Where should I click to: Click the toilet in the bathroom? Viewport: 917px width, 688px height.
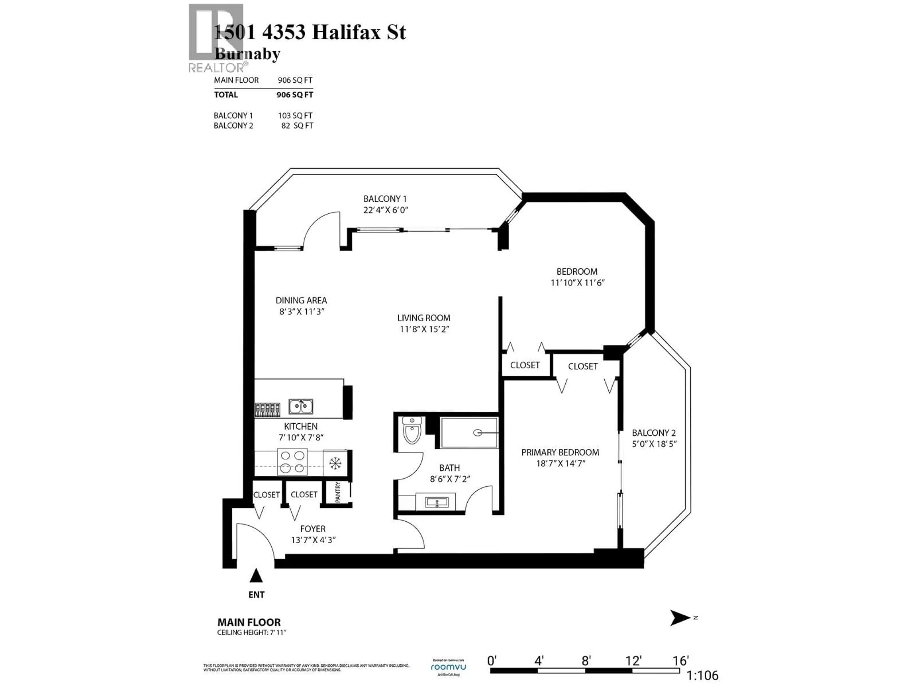(412, 430)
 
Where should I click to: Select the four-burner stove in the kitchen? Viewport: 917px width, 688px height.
(292, 462)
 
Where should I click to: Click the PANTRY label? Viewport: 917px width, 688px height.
(337, 492)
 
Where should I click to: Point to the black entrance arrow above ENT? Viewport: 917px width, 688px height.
(256, 576)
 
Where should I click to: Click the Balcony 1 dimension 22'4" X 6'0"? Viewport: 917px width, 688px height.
(385, 210)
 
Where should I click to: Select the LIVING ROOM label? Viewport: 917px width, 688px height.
(424, 318)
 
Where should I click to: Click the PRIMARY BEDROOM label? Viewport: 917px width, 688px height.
(560, 452)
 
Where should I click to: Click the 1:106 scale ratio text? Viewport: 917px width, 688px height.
(702, 676)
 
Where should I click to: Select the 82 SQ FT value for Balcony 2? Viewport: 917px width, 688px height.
(297, 126)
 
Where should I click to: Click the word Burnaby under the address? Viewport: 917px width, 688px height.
(247, 54)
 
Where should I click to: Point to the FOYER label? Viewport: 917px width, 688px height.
(313, 529)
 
